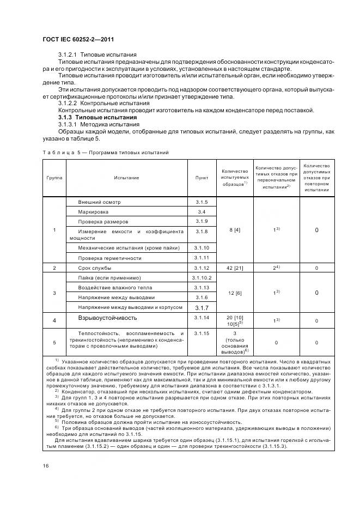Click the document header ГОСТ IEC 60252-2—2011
tap(77, 39)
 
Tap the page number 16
tap(45, 465)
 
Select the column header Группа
tap(54, 178)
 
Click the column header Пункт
tap(202, 178)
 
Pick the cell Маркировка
tap(93, 211)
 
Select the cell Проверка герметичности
tap(109, 258)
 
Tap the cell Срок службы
tap(95, 268)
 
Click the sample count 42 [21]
tap(234, 268)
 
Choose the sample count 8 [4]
tap(234, 230)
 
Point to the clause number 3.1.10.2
tap(202, 278)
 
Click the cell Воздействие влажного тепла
tap(113, 287)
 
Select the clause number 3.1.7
tap(202, 308)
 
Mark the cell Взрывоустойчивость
tap(107, 318)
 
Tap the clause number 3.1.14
tap(202, 318)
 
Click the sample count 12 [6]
tap(234, 293)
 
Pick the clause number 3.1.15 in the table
tap(202, 333)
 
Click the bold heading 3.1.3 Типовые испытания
tap(97, 118)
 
